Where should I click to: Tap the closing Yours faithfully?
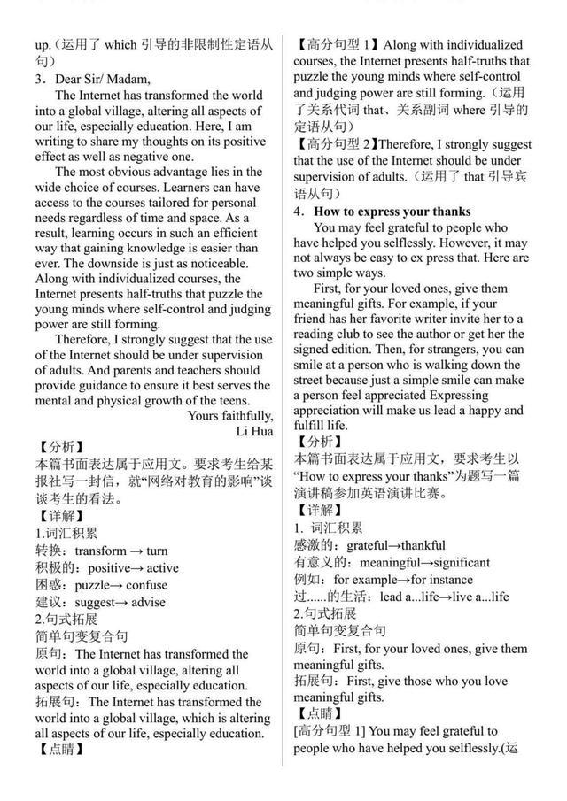230,415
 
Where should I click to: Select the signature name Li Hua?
254,431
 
